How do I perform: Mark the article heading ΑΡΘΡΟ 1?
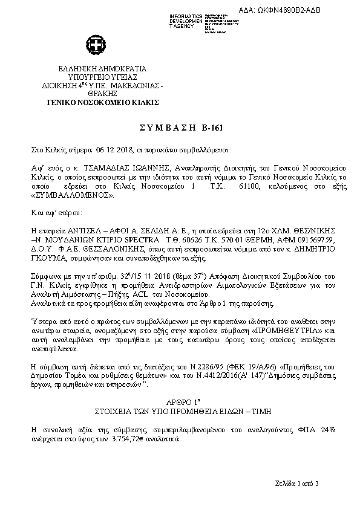pos(180,401)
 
